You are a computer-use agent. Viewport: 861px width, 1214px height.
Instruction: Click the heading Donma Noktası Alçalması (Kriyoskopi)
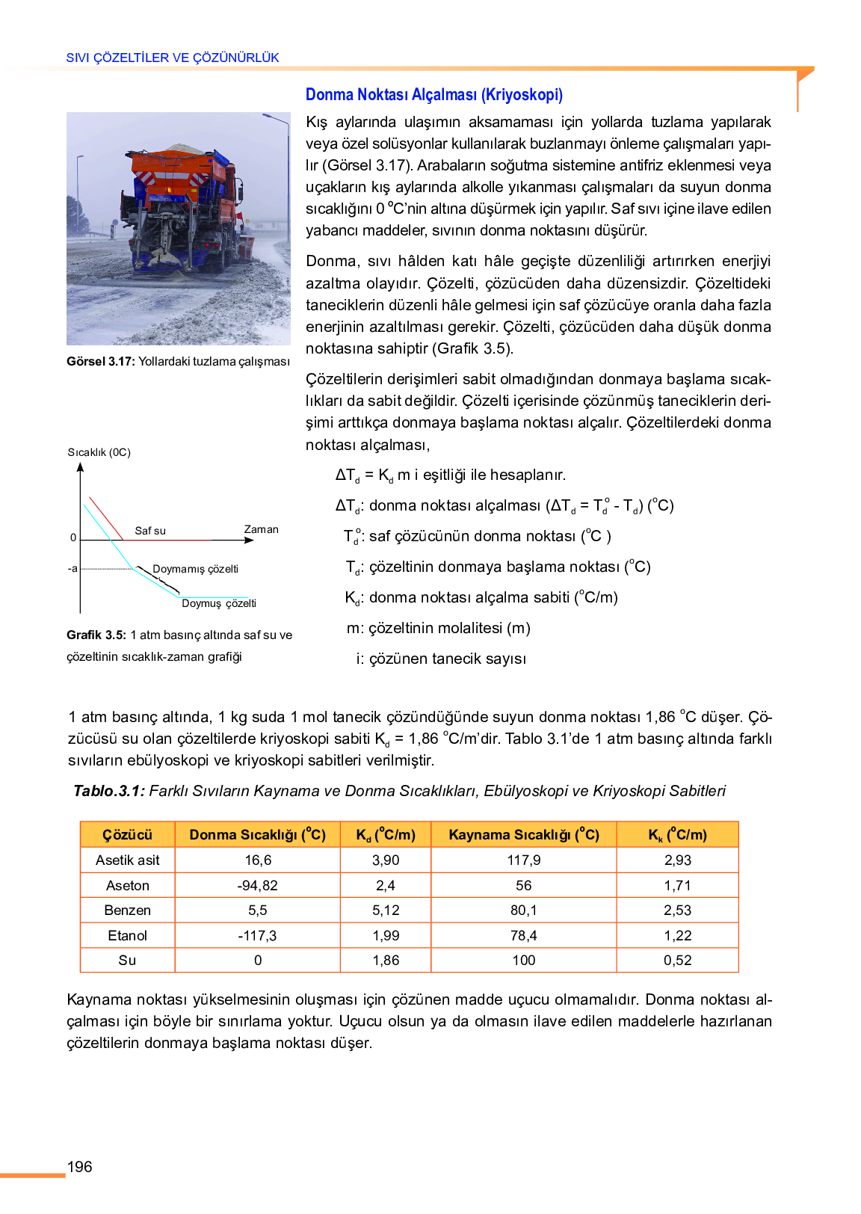pos(433,95)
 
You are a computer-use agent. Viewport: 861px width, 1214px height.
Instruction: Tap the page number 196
pos(80,1167)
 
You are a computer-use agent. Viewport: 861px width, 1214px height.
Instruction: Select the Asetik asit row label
pos(127,860)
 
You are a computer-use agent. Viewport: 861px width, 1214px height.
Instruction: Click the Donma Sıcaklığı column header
pos(257,835)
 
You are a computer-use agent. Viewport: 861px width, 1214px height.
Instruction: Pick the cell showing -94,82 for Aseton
pos(257,886)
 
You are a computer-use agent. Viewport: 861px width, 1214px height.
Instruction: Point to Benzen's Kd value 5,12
pos(386,910)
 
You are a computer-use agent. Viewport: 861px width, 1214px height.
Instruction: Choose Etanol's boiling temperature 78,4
pos(523,936)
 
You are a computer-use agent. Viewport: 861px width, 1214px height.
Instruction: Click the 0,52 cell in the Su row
pos(677,961)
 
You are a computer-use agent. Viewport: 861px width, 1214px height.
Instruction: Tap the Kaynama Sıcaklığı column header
pos(523,835)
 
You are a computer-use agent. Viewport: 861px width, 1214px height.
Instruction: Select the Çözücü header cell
pos(127,835)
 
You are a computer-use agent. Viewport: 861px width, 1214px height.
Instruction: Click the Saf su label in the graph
pos(150,531)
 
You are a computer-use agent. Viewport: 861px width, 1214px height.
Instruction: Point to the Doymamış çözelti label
pos(195,569)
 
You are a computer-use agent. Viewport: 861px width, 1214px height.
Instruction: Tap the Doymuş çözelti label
pos(218,603)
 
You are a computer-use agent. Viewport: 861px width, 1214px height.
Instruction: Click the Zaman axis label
pos(261,529)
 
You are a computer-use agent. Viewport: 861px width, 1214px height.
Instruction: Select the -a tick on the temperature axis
pos(72,569)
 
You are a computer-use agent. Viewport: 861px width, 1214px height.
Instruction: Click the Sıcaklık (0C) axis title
pos(99,452)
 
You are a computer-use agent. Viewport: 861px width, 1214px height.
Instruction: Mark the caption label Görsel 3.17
pos(100,362)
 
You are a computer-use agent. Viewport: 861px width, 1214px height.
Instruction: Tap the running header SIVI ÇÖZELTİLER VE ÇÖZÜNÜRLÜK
pos(173,58)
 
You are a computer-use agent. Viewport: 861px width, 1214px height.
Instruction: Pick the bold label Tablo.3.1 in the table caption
pos(109,791)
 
